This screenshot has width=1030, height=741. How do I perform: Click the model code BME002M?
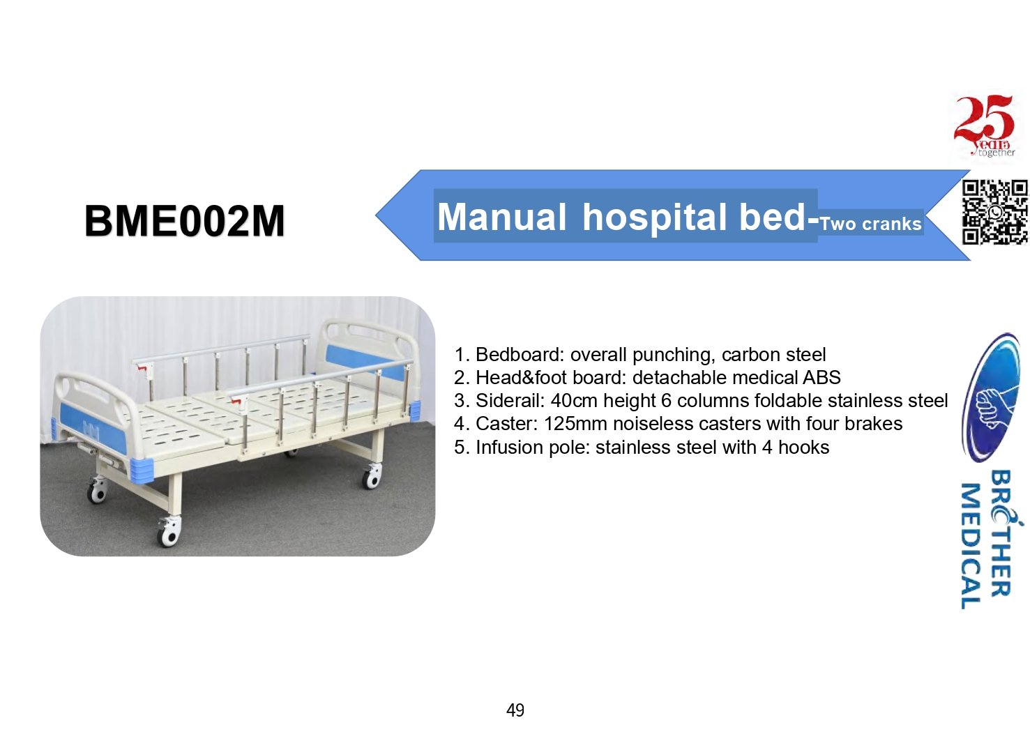pyautogui.click(x=185, y=221)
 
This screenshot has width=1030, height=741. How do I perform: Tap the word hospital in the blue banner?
pyautogui.click(x=655, y=217)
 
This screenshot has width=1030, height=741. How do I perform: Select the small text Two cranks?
pyautogui.click(x=870, y=224)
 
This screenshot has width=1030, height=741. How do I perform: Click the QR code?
pyautogui.click(x=995, y=212)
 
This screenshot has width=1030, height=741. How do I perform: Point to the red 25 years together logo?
pyautogui.click(x=985, y=126)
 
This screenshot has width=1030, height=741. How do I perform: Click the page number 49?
pyautogui.click(x=515, y=710)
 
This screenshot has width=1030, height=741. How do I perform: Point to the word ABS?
pyautogui.click(x=821, y=377)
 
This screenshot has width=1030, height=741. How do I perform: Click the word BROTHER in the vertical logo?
pyautogui.click(x=1001, y=534)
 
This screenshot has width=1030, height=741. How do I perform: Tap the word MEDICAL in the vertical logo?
pyautogui.click(x=971, y=546)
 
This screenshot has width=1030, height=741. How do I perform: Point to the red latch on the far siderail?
pyautogui.click(x=146, y=368)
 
